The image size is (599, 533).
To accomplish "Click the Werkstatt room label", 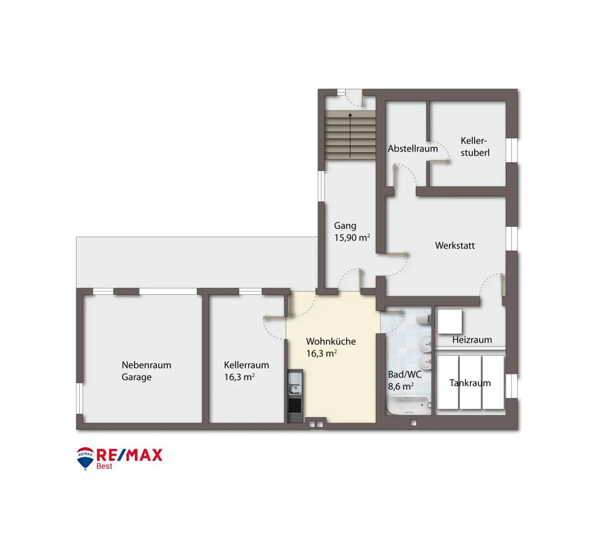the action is (455, 246).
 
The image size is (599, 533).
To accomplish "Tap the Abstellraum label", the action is (413, 148).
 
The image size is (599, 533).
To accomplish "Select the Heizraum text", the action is (472, 340).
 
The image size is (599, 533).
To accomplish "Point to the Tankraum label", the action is (470, 383).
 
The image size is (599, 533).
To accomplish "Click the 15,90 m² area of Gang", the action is (352, 237).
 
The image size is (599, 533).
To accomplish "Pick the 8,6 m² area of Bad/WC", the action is (401, 386).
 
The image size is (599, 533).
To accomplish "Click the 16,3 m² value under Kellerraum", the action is (239, 377).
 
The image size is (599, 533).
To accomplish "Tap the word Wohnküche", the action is (331, 341).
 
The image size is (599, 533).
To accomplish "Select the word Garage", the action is (136, 377).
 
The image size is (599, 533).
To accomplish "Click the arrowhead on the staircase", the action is (350, 115).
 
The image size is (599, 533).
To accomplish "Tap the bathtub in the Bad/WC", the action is (408, 406).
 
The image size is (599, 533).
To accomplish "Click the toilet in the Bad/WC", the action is (423, 319).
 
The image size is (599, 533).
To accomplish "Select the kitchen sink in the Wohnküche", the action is (295, 383).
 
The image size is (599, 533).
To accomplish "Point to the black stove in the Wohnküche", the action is (295, 406).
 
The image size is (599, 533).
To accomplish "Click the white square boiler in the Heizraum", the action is (449, 321).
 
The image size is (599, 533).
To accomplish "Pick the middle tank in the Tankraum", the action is (470, 382).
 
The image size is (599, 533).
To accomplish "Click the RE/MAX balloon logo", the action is (85, 458).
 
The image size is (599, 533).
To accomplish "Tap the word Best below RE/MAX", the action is (105, 466).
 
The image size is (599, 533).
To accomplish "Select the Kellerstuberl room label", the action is (474, 147).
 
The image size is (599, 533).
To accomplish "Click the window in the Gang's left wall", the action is (321, 186).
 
